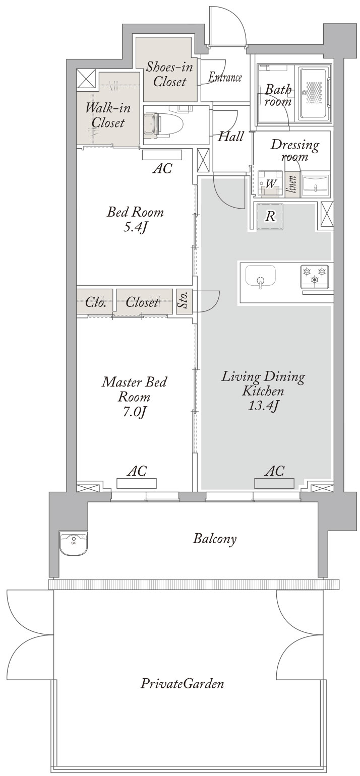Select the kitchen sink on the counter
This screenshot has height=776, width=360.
pyautogui.click(x=260, y=276)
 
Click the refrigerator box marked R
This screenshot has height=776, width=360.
pyautogui.click(x=270, y=217)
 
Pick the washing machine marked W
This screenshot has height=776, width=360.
pyautogui.click(x=271, y=183)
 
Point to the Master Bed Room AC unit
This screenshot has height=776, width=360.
pyautogui.click(x=137, y=483)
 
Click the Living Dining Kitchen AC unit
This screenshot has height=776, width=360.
pyautogui.click(x=274, y=483)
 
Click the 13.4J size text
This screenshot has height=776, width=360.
pyautogui.click(x=263, y=406)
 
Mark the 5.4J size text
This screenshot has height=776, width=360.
pyautogui.click(x=135, y=227)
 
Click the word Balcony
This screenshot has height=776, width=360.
pyautogui.click(x=215, y=539)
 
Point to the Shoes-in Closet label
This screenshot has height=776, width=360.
pyautogui.click(x=169, y=74)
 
